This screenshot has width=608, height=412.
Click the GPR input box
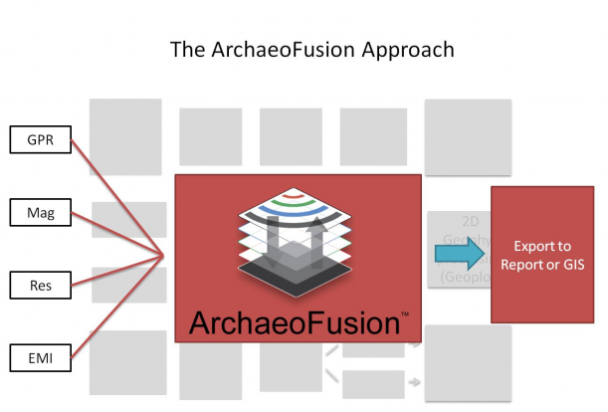(x=40, y=142)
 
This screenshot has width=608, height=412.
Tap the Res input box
(x=39, y=287)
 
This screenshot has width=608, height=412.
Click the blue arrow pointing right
(x=456, y=257)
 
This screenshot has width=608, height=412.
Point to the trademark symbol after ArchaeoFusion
(x=404, y=313)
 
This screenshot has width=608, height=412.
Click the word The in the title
(x=187, y=50)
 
